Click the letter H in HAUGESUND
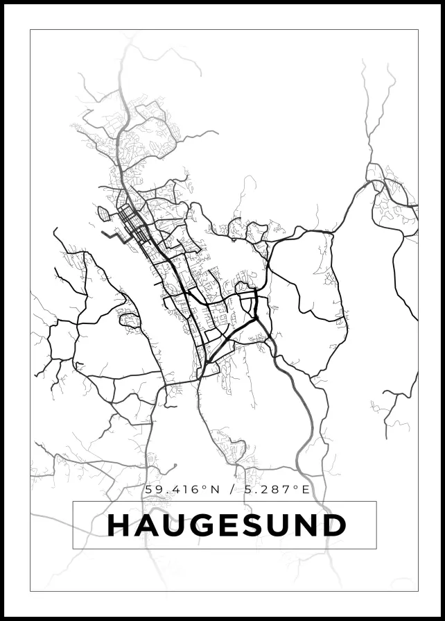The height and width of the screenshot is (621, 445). pos(120,525)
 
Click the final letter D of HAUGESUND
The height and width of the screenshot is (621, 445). pos(334,525)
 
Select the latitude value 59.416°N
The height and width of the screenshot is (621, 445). pos(182,489)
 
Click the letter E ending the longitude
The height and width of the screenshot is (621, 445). pos(306,489)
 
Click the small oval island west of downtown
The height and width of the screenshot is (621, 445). pos(103,213)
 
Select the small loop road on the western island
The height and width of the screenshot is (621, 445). pos(129,320)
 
